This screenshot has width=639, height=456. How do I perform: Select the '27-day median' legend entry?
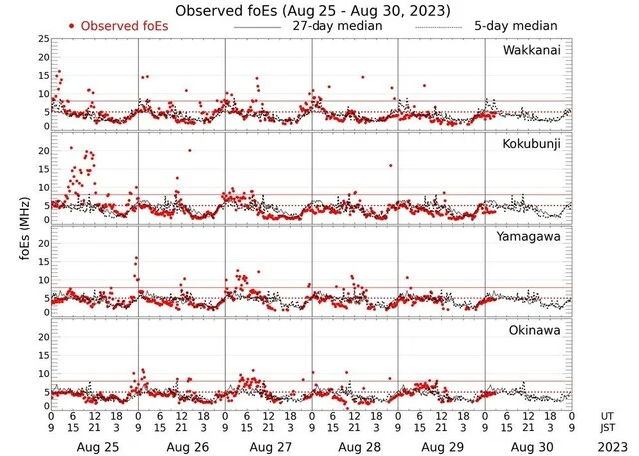pyautogui.click(x=340, y=25)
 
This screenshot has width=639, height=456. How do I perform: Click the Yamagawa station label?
pyautogui.click(x=531, y=237)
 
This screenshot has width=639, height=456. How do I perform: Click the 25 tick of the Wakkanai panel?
pyautogui.click(x=42, y=39)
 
